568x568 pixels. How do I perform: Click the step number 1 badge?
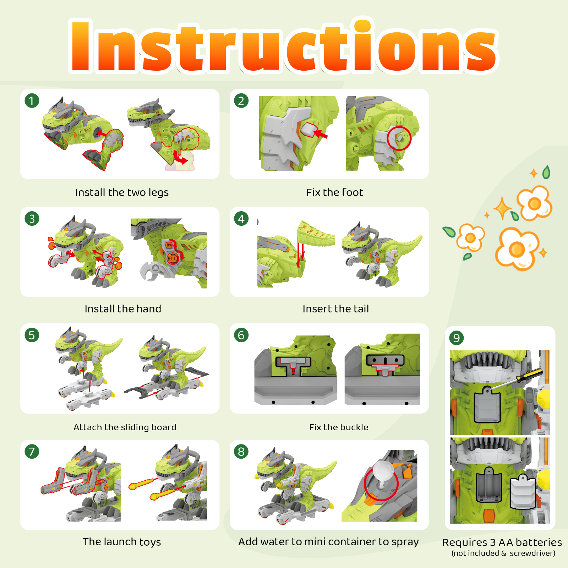click(x=32, y=101)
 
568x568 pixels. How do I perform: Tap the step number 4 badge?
click(x=241, y=219)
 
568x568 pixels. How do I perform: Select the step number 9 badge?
click(x=457, y=338)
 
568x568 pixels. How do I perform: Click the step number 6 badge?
click(x=241, y=335)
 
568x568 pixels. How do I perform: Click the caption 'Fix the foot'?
click(x=334, y=192)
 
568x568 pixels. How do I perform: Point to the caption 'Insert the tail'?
click(x=335, y=309)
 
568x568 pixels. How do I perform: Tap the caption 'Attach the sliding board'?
click(x=125, y=427)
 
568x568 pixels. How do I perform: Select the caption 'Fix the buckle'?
click(x=339, y=427)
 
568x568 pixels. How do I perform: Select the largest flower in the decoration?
click(x=517, y=248)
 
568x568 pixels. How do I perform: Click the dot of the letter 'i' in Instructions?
click(x=362, y=26)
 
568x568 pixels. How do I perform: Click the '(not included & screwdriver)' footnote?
click(x=503, y=553)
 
